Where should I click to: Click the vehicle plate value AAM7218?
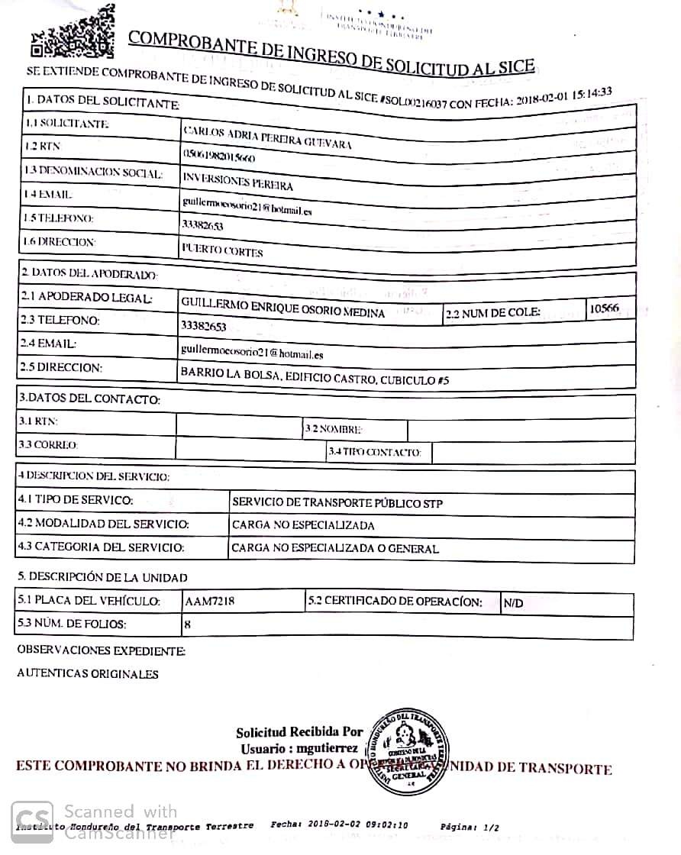[x=210, y=602]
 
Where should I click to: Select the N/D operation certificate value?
[x=514, y=604]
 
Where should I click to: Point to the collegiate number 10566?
[x=605, y=308]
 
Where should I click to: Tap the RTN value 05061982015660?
[x=219, y=156]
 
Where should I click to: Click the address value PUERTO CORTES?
[x=222, y=251]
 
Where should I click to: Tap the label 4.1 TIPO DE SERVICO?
[x=76, y=502]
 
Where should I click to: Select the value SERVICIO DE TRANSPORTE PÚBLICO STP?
[x=337, y=503]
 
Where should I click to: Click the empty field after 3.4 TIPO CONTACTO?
[x=533, y=452]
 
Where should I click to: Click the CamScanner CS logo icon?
[x=33, y=821]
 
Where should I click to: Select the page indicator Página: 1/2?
[x=470, y=827]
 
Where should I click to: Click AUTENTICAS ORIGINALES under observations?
[x=88, y=674]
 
